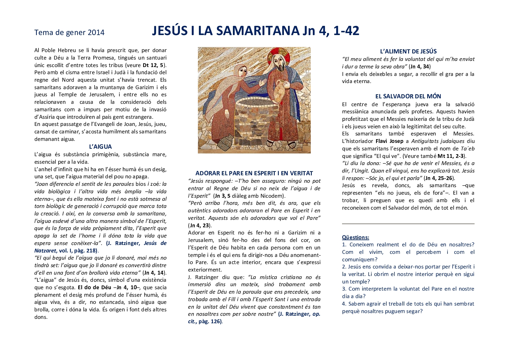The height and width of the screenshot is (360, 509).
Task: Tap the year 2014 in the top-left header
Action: point(96,33)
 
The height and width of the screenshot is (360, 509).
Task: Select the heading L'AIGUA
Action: point(100,147)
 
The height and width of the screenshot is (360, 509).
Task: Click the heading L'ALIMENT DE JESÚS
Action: point(408,51)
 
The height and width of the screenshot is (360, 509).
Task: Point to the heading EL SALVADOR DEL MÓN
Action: point(408,96)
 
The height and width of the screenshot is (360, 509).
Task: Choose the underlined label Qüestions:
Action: point(355,237)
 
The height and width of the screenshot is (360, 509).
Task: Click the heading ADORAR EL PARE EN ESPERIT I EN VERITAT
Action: point(254,173)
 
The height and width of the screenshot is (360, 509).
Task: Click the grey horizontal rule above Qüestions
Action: point(408,224)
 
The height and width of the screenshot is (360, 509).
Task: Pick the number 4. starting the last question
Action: point(344,304)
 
